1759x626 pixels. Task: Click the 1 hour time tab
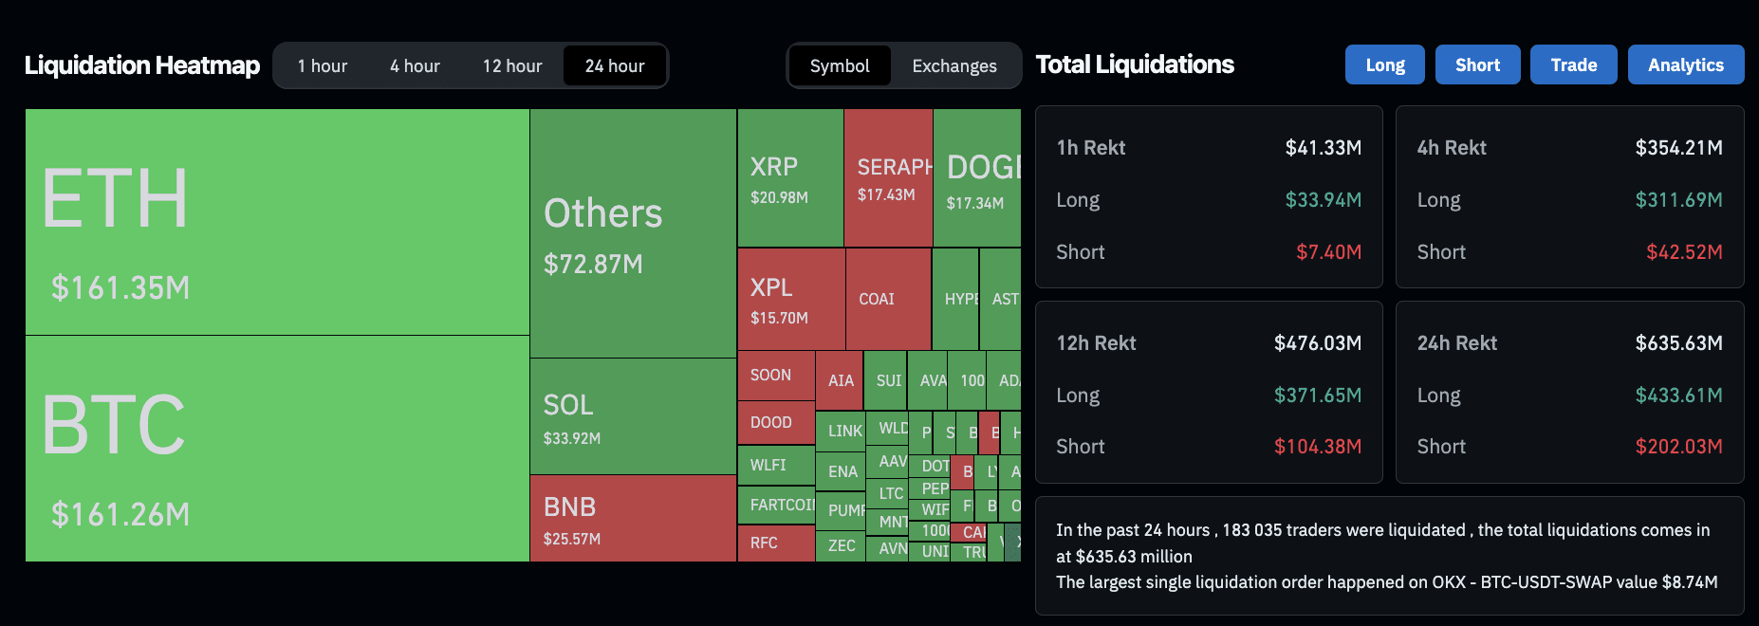pyautogui.click(x=323, y=66)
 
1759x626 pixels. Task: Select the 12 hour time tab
pyautogui.click(x=512, y=66)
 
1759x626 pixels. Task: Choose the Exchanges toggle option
pyautogui.click(x=954, y=66)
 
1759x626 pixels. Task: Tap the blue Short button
pyautogui.click(x=1477, y=65)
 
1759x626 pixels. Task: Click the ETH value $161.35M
pyautogui.click(x=120, y=287)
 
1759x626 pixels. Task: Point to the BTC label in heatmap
pyautogui.click(x=114, y=425)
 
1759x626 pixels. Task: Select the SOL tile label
pyautogui.click(x=568, y=405)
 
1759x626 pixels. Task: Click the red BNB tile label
pyautogui.click(x=569, y=506)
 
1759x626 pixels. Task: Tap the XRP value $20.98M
pyautogui.click(x=779, y=197)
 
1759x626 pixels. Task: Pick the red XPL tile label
pyautogui.click(x=771, y=287)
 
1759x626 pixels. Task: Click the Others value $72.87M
pyautogui.click(x=593, y=264)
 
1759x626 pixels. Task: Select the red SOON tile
pyautogui.click(x=770, y=375)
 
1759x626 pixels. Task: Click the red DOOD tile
pyautogui.click(x=770, y=422)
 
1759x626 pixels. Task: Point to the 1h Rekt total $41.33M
pyautogui.click(x=1323, y=148)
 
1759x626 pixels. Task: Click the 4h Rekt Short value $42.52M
pyautogui.click(x=1684, y=252)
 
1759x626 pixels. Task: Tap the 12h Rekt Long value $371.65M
pyautogui.click(x=1317, y=396)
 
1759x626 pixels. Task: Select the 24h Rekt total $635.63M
pyautogui.click(x=1678, y=343)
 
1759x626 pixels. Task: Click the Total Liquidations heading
pyautogui.click(x=1135, y=64)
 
